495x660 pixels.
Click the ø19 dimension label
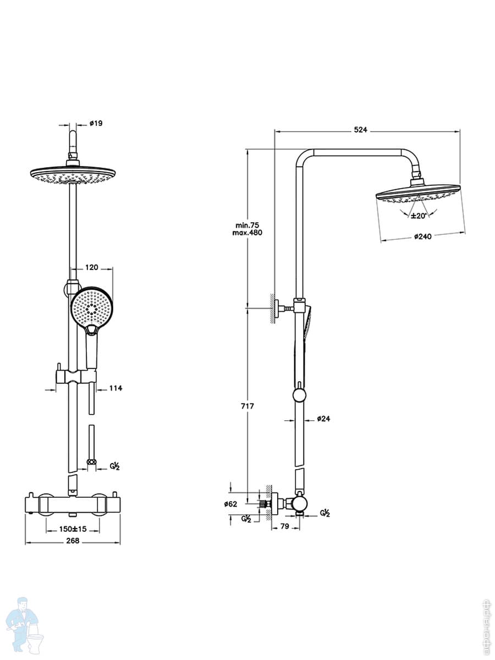click(x=96, y=123)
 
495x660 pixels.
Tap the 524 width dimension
click(x=360, y=130)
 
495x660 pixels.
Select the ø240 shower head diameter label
click(x=422, y=237)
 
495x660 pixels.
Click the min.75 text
click(x=247, y=225)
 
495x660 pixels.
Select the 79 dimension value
click(x=285, y=527)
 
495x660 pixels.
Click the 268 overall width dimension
click(x=73, y=541)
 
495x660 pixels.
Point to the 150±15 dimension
click(x=73, y=529)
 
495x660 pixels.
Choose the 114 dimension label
click(x=116, y=388)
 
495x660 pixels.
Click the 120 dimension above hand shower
click(x=91, y=267)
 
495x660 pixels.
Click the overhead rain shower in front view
click(x=73, y=175)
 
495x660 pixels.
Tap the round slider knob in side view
click(x=299, y=395)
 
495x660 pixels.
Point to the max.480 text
click(x=248, y=233)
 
